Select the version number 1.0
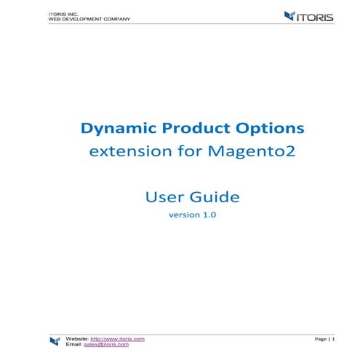[x=208, y=215]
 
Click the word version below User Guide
[x=182, y=215]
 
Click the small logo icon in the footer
[x=55, y=342]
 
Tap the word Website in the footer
[x=76, y=339]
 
